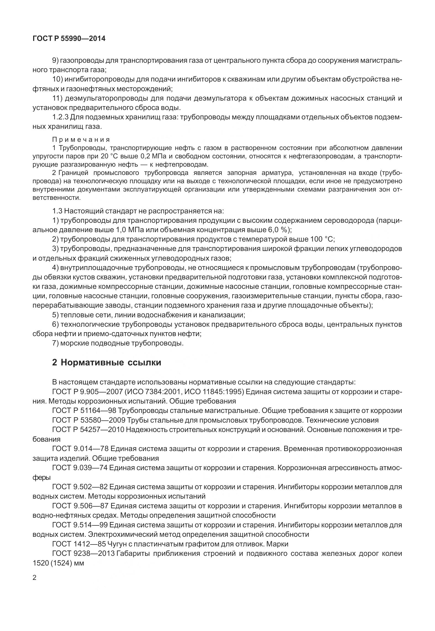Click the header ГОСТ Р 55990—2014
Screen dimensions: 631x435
tap(69, 39)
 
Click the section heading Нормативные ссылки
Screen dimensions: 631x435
tap(111, 362)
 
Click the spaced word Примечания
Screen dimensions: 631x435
tap(81, 139)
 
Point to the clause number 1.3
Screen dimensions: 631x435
tap(57, 211)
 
